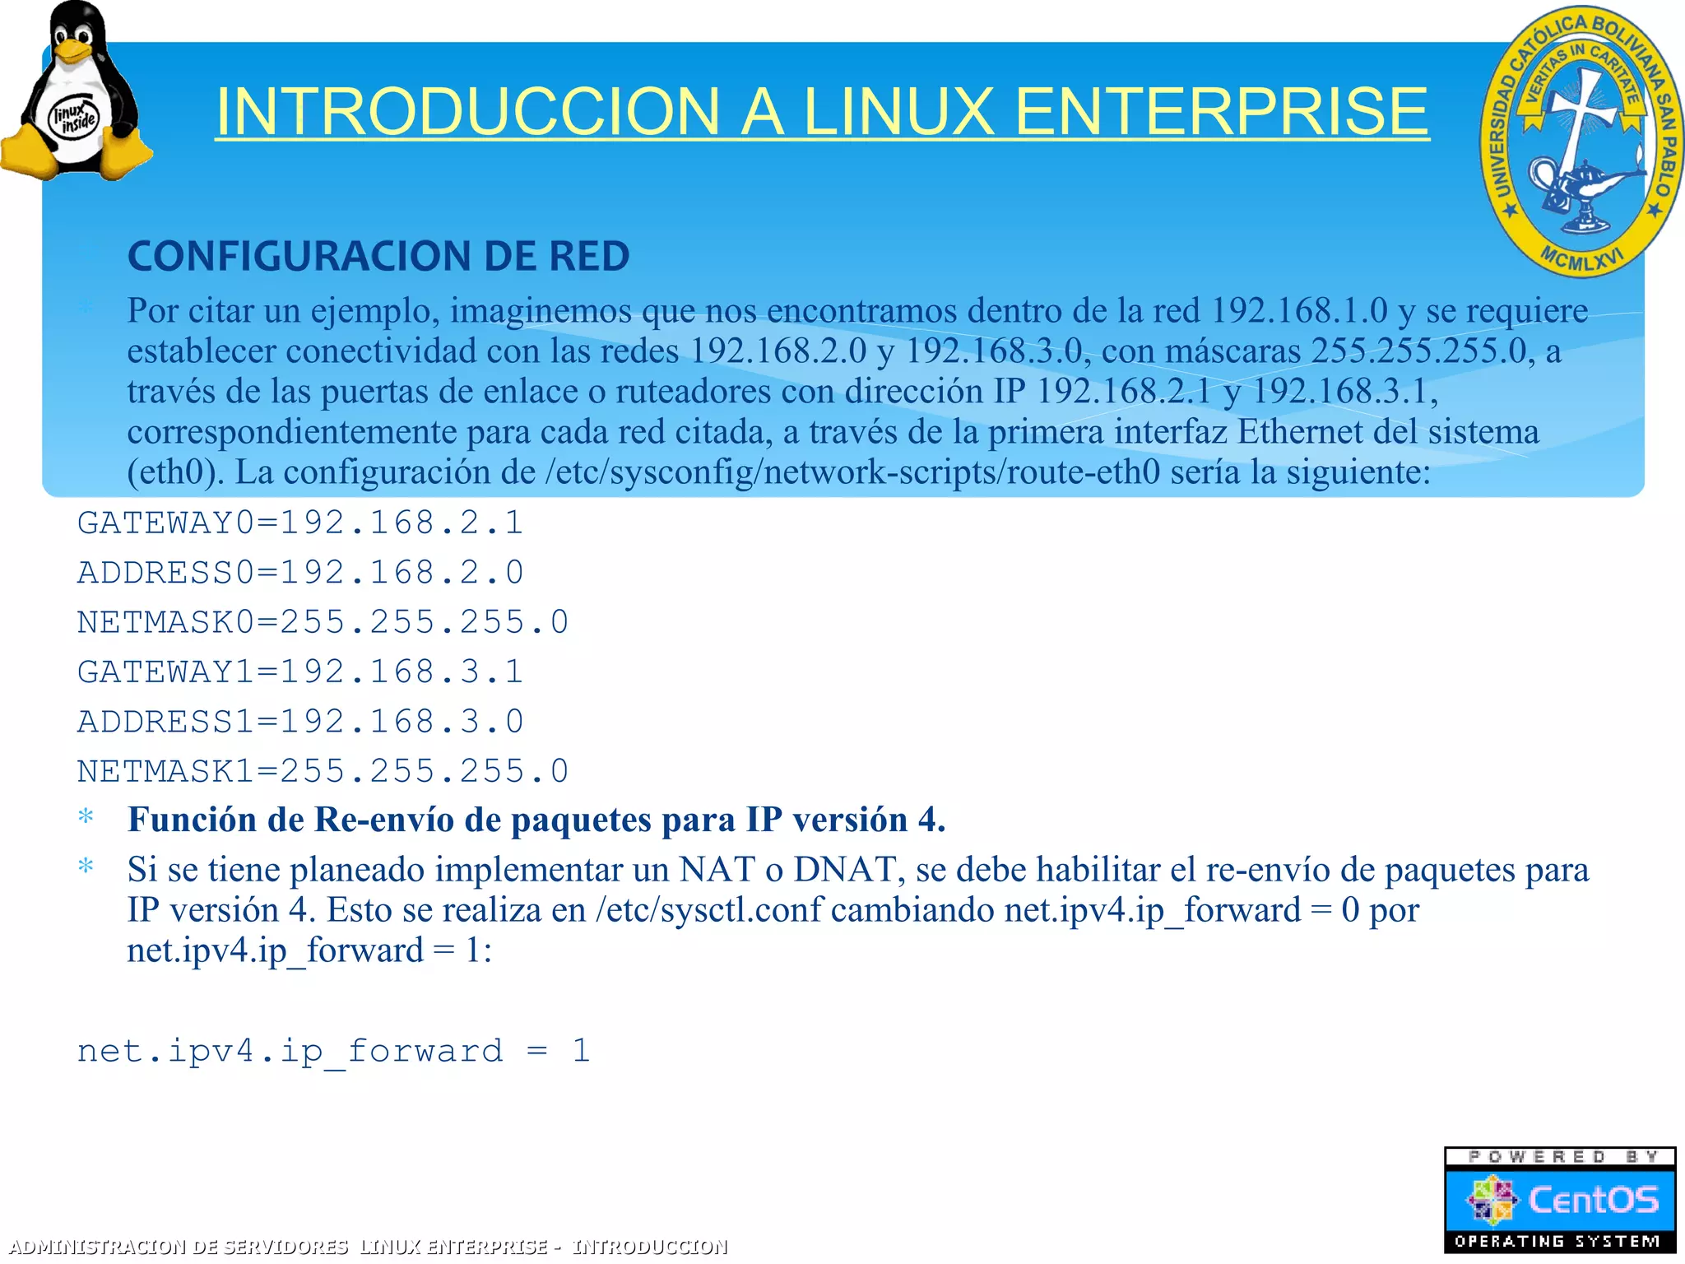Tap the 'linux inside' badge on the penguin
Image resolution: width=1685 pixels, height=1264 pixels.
(x=74, y=118)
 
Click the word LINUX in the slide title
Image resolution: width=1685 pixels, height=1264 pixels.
(x=898, y=112)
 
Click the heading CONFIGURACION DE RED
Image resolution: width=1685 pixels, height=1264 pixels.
(x=378, y=256)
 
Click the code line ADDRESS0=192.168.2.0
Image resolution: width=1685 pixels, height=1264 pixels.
(x=300, y=573)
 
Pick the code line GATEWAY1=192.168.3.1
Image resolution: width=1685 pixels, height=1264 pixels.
(x=300, y=672)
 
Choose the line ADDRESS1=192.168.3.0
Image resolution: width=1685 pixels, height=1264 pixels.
(x=300, y=722)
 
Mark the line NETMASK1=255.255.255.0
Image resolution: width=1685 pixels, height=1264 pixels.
(x=323, y=772)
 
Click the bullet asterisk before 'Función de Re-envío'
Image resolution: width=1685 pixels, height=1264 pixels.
(x=86, y=818)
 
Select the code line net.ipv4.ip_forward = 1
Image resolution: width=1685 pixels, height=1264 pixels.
(x=333, y=1052)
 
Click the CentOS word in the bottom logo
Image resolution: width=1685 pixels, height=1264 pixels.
(x=1593, y=1200)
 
